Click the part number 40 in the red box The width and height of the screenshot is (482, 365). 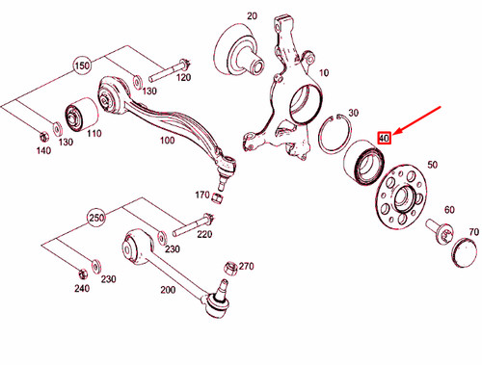(x=384, y=138)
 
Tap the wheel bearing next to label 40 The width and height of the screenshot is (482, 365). (x=363, y=161)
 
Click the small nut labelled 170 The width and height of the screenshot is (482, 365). (x=218, y=198)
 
